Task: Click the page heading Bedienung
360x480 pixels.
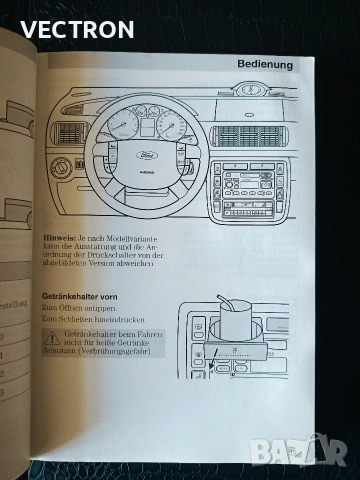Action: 265,65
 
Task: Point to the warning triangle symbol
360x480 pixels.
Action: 48,343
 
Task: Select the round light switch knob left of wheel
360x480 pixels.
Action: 62,167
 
